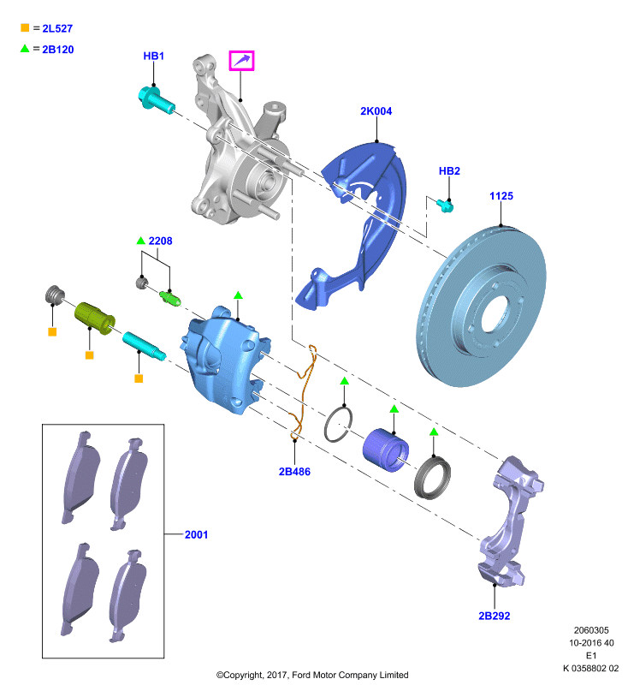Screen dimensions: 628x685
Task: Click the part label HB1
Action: coord(154,56)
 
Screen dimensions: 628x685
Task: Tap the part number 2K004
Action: coord(376,111)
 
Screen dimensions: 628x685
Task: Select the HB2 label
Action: coord(449,170)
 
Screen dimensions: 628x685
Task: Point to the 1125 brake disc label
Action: coord(501,196)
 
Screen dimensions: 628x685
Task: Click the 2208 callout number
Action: coord(160,241)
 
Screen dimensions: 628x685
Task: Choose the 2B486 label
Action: coord(294,472)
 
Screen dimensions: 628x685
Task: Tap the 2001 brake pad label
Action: coord(197,534)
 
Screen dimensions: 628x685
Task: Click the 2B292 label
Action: coord(495,616)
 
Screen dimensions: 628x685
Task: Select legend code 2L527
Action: coord(57,29)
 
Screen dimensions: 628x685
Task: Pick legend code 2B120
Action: coord(58,50)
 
